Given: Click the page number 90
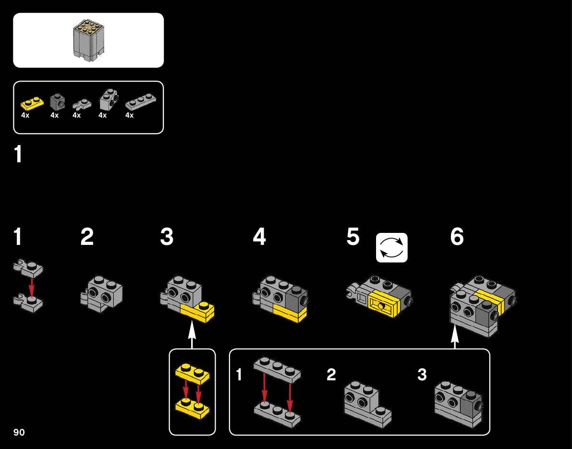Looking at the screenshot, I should (x=19, y=432).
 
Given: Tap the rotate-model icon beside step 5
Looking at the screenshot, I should (x=391, y=248).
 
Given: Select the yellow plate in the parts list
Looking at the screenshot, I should (x=32, y=102).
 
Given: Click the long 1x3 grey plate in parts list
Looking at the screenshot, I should (x=141, y=102).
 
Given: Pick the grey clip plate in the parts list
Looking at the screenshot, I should (x=82, y=103).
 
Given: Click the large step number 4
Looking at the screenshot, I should (x=259, y=237).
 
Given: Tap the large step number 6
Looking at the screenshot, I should (x=457, y=237).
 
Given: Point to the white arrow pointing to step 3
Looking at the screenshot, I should (x=192, y=334).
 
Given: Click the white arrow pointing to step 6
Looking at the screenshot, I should (x=455, y=335).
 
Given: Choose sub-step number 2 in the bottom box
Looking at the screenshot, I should (x=331, y=375).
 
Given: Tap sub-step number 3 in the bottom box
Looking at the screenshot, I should (x=422, y=375).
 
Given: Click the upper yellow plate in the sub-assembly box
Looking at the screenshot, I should (x=192, y=374).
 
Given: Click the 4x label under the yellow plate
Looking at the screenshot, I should (x=25, y=115).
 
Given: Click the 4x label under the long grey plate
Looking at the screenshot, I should (x=129, y=115).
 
